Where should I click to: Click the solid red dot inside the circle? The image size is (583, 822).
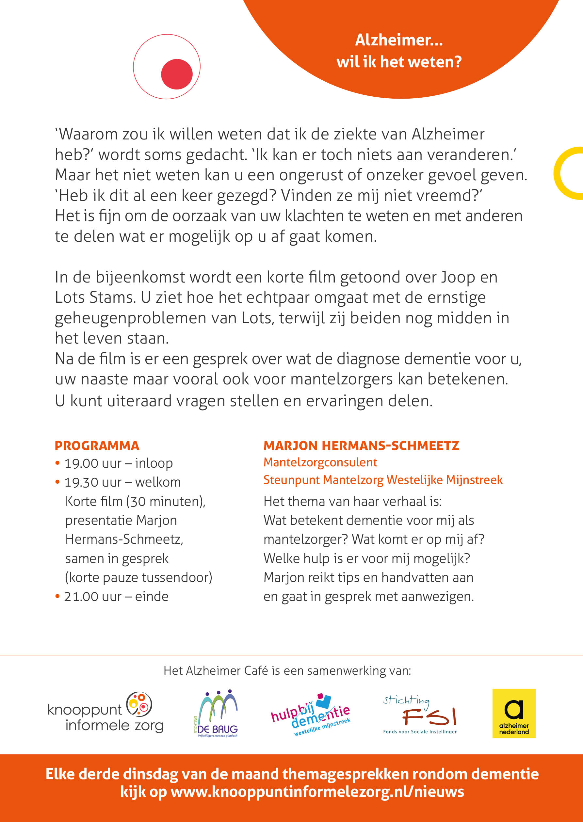pos(177,74)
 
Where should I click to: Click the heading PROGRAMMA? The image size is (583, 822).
pos(97,445)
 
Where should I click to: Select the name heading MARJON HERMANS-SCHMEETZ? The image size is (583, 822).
pos(361,445)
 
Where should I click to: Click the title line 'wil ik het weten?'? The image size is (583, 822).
pos(399,62)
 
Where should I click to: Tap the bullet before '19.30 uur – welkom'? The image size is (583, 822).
pos(57,482)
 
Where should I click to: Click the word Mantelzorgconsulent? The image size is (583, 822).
pos(320,462)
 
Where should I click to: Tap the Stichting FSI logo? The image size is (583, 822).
pos(420,715)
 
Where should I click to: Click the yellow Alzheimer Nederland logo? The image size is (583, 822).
pos(514,713)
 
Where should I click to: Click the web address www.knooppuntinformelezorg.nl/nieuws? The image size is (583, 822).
pos(317,792)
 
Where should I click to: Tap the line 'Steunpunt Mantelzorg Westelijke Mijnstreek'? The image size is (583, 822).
pos(383,480)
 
